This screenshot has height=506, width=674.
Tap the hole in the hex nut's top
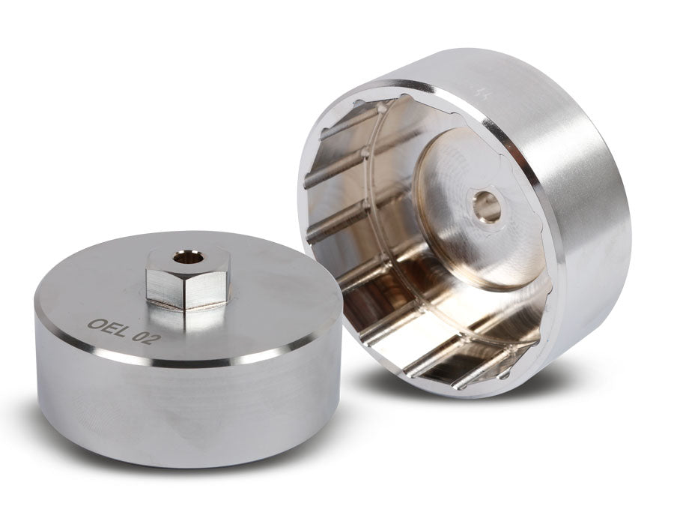[183, 258]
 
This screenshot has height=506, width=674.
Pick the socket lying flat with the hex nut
[187, 352]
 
